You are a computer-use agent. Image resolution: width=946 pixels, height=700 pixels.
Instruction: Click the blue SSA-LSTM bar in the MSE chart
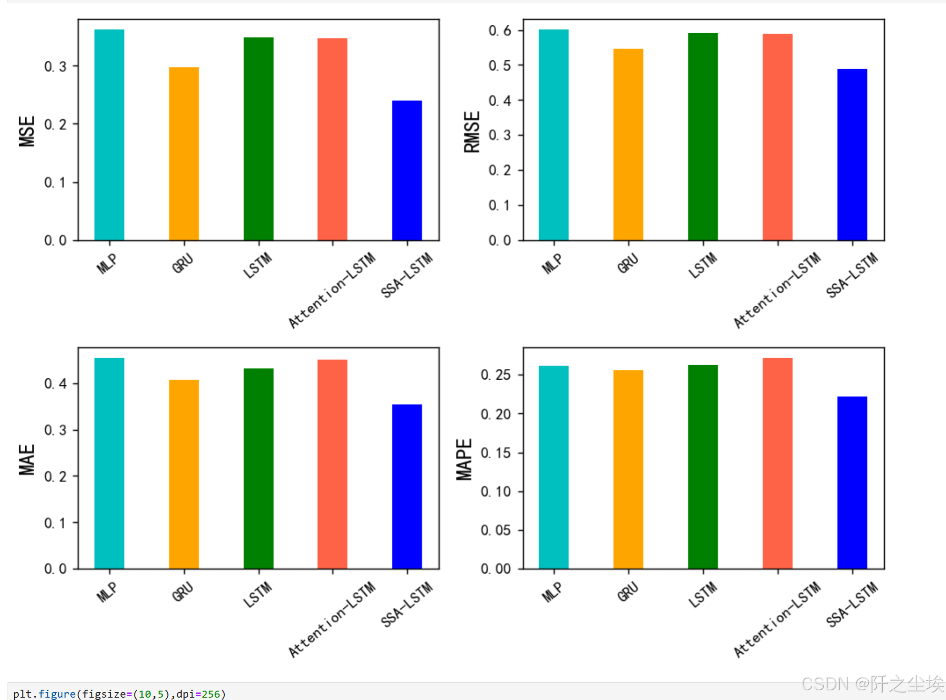click(406, 170)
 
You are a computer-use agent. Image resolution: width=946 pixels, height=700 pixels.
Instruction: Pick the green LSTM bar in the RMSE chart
click(702, 137)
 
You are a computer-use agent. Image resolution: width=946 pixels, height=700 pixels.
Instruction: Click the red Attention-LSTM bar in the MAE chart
click(332, 464)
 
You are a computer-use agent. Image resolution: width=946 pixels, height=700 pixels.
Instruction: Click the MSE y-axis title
click(27, 131)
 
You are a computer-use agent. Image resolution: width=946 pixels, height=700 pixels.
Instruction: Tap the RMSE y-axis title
click(472, 132)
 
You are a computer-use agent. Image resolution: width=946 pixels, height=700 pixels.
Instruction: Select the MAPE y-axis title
click(464, 459)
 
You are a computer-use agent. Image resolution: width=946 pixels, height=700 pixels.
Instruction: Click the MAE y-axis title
click(27, 460)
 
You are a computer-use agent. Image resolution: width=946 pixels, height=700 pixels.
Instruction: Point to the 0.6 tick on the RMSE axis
click(500, 31)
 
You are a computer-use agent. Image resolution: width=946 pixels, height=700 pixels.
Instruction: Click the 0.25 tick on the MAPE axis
click(495, 375)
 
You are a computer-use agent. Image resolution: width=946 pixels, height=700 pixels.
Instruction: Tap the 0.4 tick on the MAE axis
click(55, 384)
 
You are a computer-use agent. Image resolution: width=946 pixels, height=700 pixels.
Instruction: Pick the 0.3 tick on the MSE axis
click(55, 66)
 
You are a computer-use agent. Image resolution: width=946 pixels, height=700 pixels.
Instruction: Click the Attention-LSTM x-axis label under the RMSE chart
click(777, 290)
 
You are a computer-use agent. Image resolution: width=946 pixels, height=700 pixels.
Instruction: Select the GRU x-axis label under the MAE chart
click(182, 591)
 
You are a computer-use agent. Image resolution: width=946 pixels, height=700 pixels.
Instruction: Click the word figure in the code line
click(57, 694)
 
